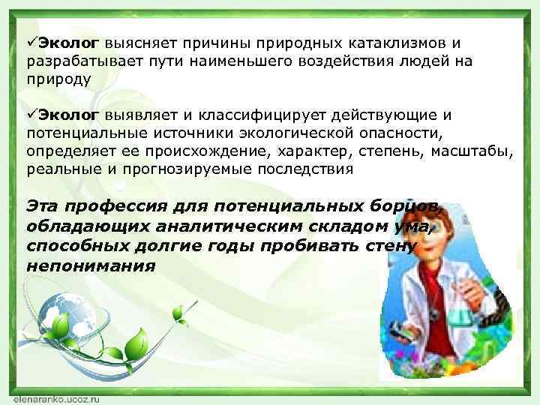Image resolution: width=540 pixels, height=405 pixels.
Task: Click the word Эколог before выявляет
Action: (68, 115)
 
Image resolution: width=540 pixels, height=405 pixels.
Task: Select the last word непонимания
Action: (90, 265)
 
